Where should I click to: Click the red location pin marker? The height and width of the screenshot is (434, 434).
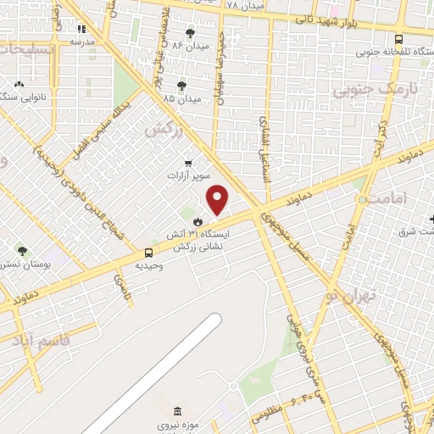(218, 200)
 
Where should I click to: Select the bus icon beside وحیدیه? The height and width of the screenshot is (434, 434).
(149, 252)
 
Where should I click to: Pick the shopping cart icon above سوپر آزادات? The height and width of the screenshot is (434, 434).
(187, 163)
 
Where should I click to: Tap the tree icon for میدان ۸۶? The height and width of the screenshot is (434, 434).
(189, 32)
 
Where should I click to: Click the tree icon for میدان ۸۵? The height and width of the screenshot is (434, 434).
(181, 86)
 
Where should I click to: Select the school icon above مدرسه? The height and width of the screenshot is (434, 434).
(81, 27)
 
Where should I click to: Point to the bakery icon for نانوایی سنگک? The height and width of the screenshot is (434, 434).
(19, 85)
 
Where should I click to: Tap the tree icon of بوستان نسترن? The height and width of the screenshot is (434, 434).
(21, 251)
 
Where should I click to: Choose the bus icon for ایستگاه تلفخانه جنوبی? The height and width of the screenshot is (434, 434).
(398, 39)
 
